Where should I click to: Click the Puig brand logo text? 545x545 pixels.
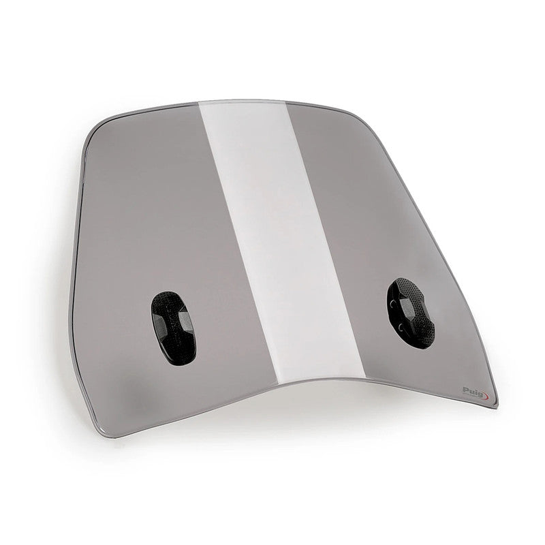[x=473, y=391]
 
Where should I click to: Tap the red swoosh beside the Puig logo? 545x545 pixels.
[x=486, y=396]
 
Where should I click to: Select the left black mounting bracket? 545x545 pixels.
[x=173, y=328]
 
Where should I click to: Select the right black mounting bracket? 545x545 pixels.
[x=411, y=313]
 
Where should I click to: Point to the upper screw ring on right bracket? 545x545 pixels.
[x=392, y=305]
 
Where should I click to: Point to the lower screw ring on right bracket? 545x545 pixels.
[x=401, y=327]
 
